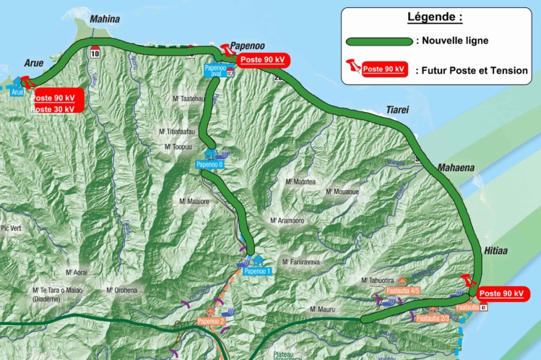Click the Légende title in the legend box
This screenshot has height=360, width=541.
pyautogui.click(x=435, y=17)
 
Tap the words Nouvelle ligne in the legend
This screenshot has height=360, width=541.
pyautogui.click(x=457, y=40)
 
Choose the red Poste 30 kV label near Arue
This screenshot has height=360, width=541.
pyautogui.click(x=53, y=109)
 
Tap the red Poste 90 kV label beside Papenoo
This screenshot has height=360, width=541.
pyautogui.click(x=264, y=61)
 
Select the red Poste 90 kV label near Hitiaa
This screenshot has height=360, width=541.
pyautogui.click(x=501, y=293)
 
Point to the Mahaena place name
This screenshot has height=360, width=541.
pyautogui.click(x=455, y=168)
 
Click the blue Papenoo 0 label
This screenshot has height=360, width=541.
pyautogui.click(x=210, y=165)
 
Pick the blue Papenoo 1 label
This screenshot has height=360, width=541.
pyautogui.click(x=257, y=271)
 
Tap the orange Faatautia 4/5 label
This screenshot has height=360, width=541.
pyautogui.click(x=404, y=291)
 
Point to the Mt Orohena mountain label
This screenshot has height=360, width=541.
pyautogui.click(x=121, y=290)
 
